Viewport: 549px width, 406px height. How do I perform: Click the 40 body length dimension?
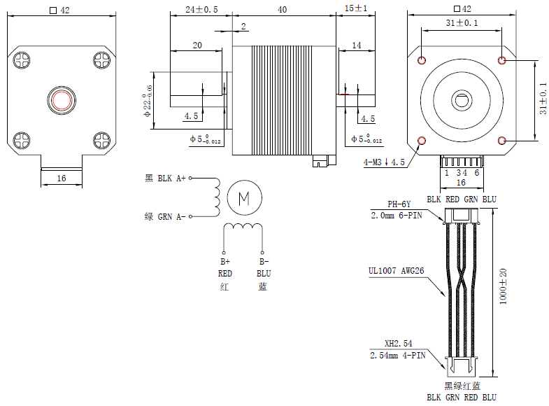[282, 9]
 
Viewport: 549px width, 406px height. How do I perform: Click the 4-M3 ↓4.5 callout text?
[384, 162]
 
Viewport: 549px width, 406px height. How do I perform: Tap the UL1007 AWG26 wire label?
[396, 270]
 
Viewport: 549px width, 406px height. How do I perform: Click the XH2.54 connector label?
[399, 344]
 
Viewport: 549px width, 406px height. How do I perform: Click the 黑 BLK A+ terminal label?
[165, 178]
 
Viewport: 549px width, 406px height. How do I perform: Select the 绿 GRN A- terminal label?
[165, 216]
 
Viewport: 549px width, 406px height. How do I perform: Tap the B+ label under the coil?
[225, 262]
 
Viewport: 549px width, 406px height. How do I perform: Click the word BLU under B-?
[263, 274]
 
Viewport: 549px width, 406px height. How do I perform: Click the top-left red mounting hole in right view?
[421, 60]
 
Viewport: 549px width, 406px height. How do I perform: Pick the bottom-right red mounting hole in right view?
[501, 140]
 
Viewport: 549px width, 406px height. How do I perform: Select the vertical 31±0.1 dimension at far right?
[542, 99]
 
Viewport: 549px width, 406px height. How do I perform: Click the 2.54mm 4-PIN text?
[397, 355]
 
